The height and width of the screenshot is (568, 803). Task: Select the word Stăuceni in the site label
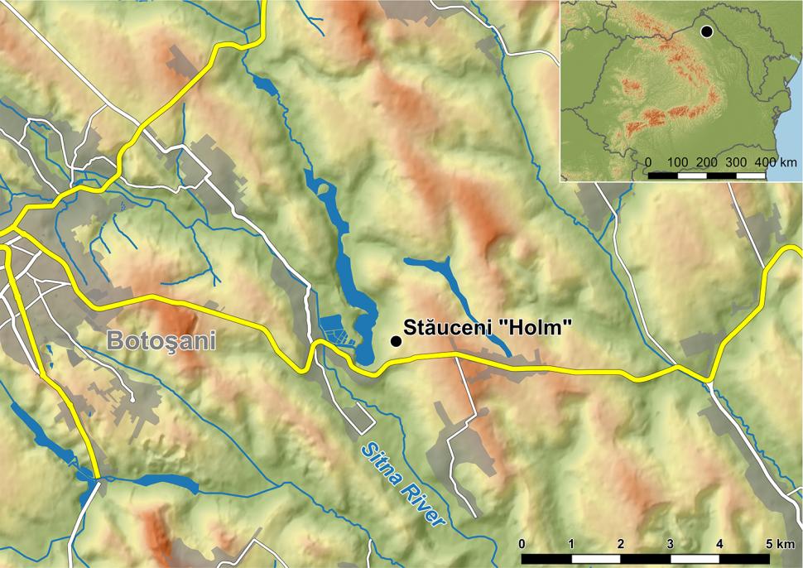coord(448,327)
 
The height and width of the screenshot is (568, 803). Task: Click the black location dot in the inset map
coord(706,31)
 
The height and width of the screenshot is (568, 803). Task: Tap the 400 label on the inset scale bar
coord(763,161)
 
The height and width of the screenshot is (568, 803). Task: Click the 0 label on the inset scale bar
coord(647,161)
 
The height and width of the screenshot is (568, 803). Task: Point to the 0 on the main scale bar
coord(522,544)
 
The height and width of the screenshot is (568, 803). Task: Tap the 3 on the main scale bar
coord(670,544)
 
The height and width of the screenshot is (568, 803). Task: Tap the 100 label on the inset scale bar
coord(677,161)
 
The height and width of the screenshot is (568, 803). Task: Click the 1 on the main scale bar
coord(571,544)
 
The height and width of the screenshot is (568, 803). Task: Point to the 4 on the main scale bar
coord(719,544)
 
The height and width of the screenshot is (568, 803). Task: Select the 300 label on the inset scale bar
coord(735,161)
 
